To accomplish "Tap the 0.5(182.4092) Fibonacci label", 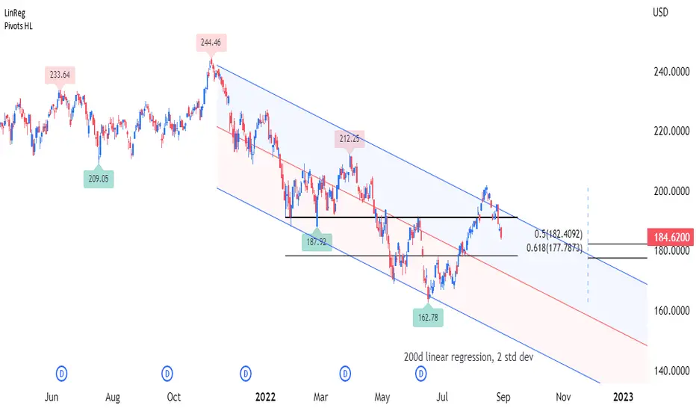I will [x=554, y=233].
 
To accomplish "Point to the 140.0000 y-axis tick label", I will [x=668, y=371].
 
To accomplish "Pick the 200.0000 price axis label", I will [x=668, y=191].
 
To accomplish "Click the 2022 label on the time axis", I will [x=267, y=397].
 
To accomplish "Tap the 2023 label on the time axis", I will [x=623, y=397].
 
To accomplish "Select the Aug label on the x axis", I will [x=113, y=397].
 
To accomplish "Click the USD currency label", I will [x=661, y=13].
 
